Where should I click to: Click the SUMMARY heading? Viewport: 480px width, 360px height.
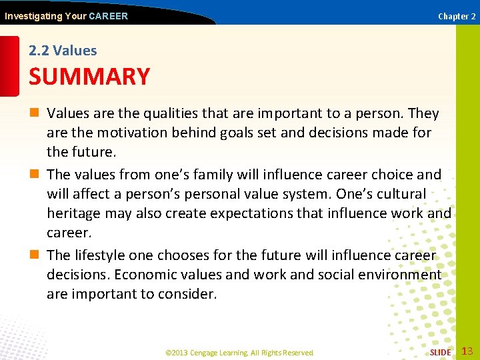click(x=89, y=77)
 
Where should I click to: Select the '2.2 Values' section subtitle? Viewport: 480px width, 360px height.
click(x=63, y=51)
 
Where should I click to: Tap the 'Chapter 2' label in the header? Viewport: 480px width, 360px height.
click(x=457, y=16)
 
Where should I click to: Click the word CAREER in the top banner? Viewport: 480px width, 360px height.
click(x=108, y=16)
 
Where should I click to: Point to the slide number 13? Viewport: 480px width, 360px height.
click(x=467, y=351)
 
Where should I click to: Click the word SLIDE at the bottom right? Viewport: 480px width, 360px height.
click(x=440, y=352)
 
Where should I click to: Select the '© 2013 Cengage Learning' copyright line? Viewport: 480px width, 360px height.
click(x=239, y=352)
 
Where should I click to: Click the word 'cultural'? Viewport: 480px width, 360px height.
click(x=403, y=194)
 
